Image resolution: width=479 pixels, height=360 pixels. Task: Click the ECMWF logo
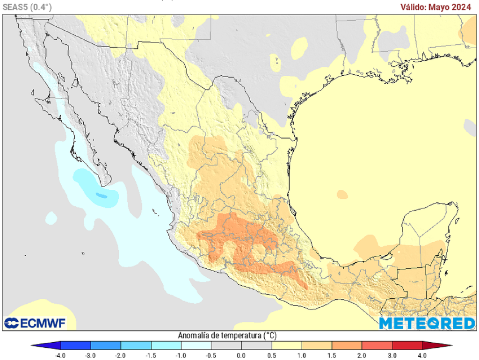point(35,323)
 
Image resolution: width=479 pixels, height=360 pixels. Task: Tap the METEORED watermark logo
point(427,323)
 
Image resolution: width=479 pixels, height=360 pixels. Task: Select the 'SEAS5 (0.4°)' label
point(27,7)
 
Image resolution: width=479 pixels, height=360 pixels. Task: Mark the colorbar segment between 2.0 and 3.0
point(377,346)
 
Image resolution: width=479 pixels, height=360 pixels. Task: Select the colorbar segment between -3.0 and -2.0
point(106,346)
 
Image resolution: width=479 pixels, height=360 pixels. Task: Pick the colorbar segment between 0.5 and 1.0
point(286,346)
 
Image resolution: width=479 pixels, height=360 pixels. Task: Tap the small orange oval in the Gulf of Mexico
point(342,194)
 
